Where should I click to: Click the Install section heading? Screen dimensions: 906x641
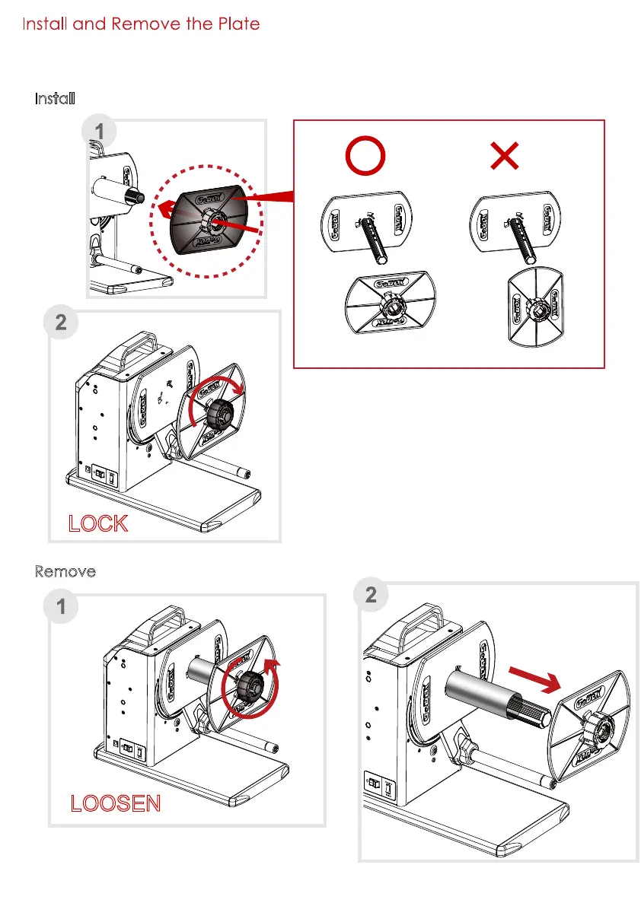point(55,99)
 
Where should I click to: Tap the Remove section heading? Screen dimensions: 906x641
point(65,571)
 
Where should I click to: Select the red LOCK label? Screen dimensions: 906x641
point(98,523)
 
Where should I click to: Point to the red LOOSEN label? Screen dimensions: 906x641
point(116,803)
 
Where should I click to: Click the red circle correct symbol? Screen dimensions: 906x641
point(365,157)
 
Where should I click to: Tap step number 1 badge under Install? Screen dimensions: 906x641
point(99,132)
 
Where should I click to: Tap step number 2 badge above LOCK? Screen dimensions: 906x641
point(62,322)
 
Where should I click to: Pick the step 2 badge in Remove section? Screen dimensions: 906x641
point(371,596)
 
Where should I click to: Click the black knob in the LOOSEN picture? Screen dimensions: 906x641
point(247,682)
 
